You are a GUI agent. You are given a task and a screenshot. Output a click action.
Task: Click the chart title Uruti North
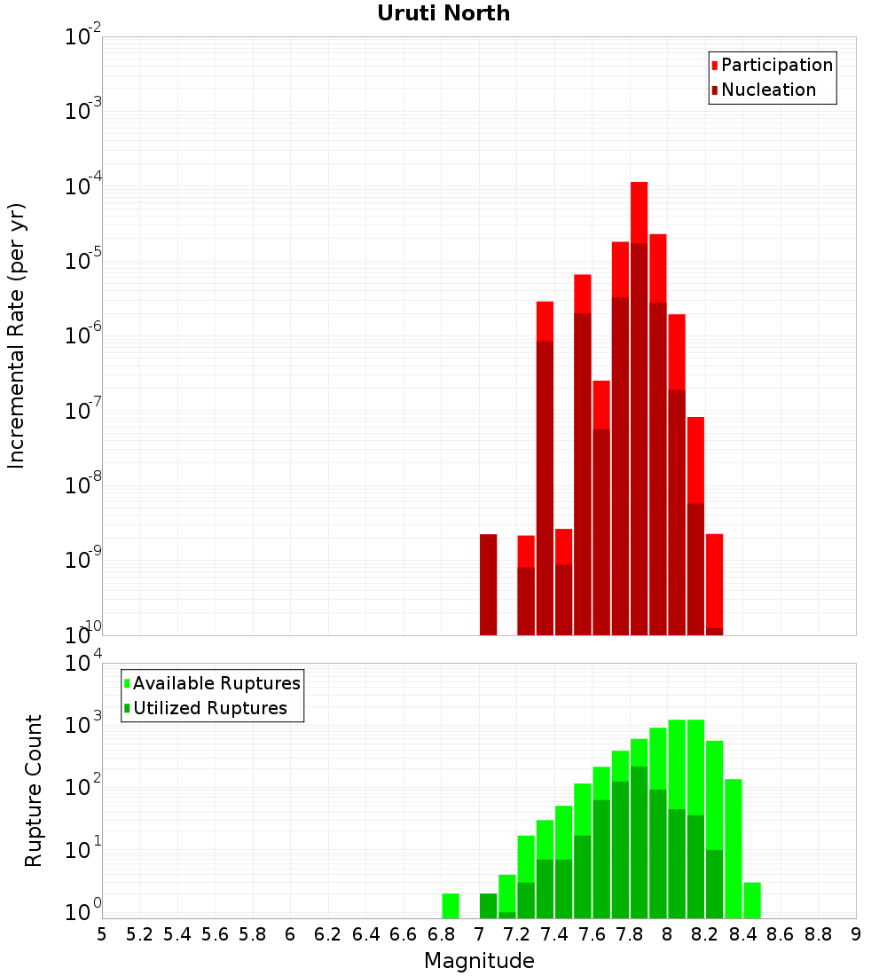tap(443, 13)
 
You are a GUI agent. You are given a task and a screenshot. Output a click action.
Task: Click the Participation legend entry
tap(776, 65)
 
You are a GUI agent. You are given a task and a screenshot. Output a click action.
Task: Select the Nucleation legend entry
tap(767, 90)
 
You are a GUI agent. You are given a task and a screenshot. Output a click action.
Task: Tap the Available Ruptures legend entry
tap(216, 683)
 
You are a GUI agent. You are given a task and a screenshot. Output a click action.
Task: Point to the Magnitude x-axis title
tap(479, 961)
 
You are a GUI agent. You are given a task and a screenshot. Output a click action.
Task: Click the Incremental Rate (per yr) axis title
tap(17, 335)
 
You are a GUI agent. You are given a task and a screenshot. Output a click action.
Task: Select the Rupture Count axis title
tap(34, 791)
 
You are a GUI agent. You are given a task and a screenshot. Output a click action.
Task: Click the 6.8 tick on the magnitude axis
tap(441, 934)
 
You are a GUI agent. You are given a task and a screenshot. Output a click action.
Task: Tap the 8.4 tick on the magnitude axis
tap(742, 934)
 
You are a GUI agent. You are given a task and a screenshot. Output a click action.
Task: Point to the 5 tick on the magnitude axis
tap(102, 934)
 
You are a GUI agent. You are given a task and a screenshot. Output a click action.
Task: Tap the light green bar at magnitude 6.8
tap(451, 905)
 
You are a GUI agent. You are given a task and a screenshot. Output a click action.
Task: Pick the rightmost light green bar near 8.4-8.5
tap(752, 900)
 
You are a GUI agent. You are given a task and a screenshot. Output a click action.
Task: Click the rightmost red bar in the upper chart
tap(715, 581)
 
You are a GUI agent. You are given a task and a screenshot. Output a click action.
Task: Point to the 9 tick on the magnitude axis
tap(856, 934)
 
